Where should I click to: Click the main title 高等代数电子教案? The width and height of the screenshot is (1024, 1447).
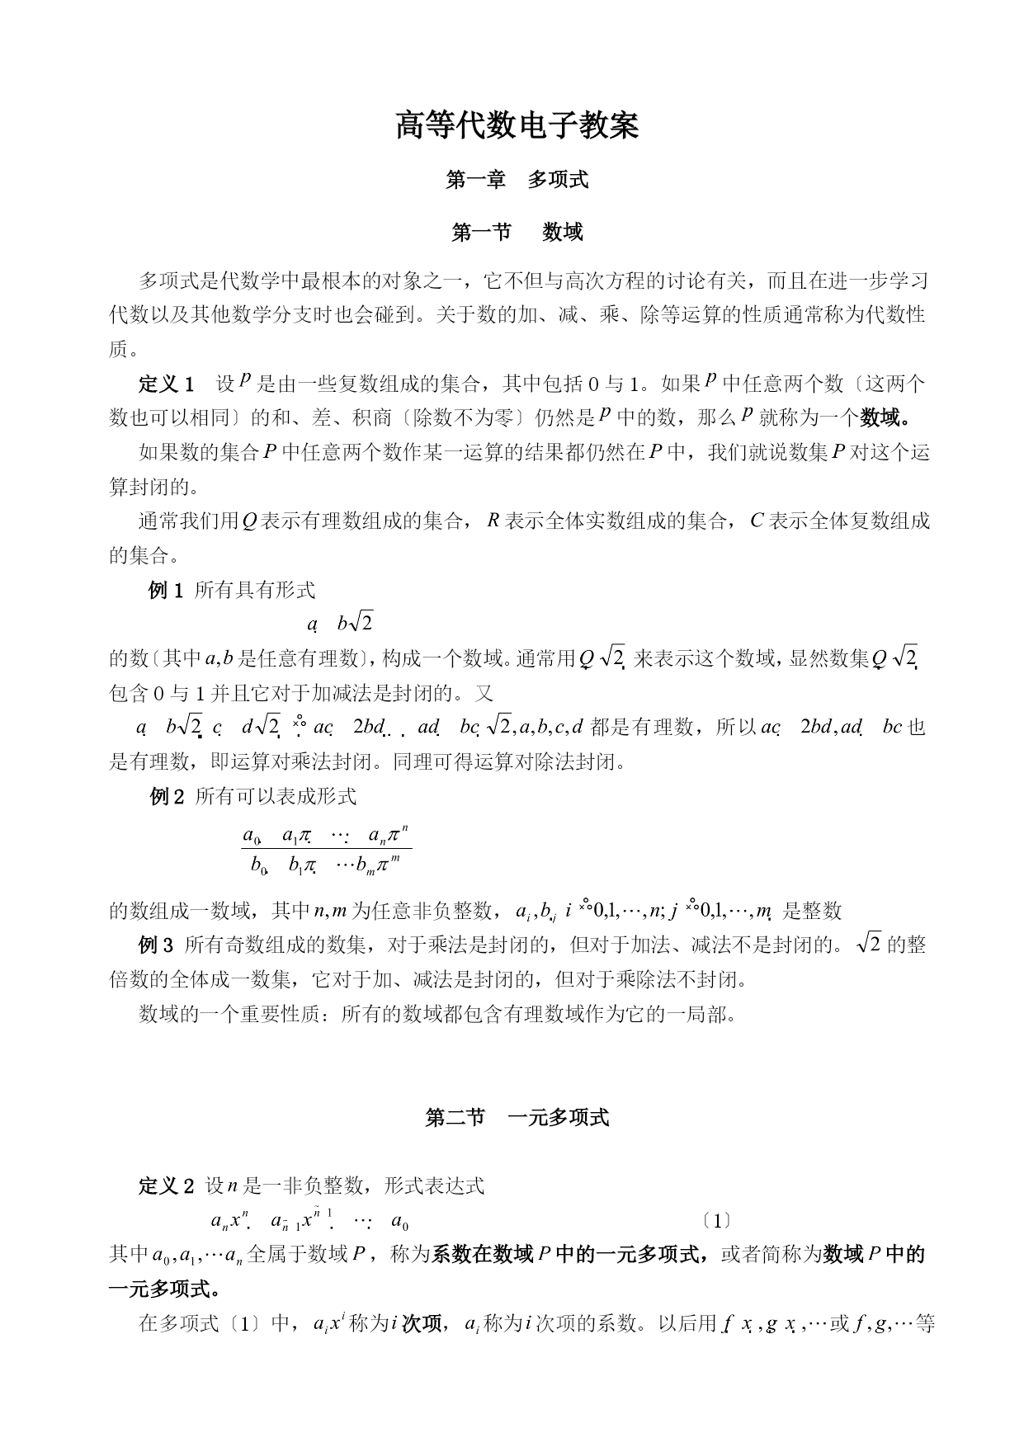517,126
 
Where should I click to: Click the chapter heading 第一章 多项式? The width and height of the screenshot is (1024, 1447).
517,180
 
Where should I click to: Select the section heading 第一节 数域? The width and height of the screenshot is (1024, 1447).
517,233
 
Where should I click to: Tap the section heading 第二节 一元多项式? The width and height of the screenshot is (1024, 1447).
517,1118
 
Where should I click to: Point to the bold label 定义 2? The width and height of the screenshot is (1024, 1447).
166,1186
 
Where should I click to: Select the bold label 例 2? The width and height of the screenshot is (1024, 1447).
167,796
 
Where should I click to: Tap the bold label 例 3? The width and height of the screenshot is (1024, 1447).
156,945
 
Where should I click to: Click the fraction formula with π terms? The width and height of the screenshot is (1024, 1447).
327,850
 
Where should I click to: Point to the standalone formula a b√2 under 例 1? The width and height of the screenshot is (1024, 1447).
340,624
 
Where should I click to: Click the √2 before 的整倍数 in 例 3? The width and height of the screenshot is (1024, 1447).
869,945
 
